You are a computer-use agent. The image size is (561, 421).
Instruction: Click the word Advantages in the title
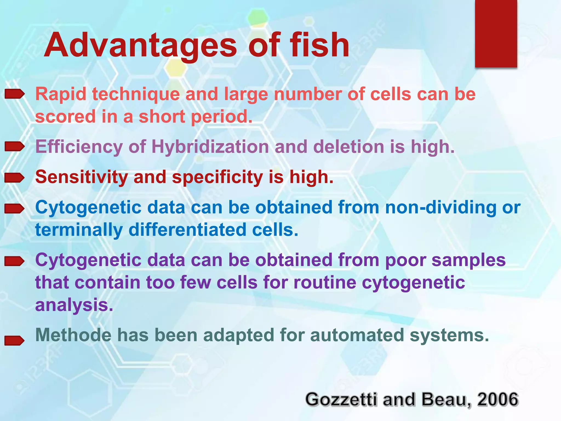point(140,45)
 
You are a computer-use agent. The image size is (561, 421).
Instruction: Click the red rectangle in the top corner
point(496,33)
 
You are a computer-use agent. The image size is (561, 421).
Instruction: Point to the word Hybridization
point(210,147)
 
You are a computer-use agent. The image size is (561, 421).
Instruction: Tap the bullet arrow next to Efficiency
point(15,147)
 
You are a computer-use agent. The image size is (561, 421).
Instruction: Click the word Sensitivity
point(81,177)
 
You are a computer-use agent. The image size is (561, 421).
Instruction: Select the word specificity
point(217,177)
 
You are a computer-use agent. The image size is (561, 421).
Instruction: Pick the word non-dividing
point(441,207)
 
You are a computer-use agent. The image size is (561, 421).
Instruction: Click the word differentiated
point(188,230)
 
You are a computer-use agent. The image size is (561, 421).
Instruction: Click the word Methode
point(73,335)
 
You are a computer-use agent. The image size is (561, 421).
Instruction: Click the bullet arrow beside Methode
point(15,340)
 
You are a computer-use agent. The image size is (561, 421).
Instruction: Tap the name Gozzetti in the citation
point(341,399)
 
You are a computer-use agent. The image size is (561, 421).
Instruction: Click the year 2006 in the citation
point(498,399)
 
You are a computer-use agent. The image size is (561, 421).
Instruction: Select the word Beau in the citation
point(445,399)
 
